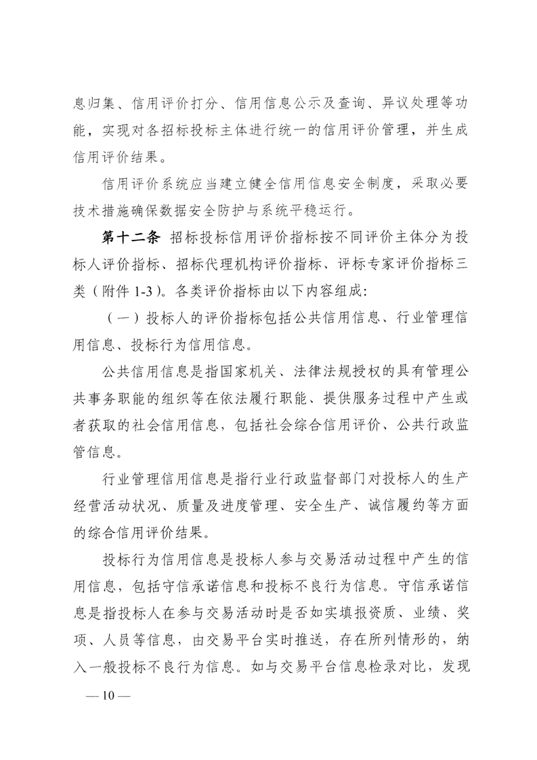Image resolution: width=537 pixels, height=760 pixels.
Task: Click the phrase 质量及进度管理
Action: click(230, 504)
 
